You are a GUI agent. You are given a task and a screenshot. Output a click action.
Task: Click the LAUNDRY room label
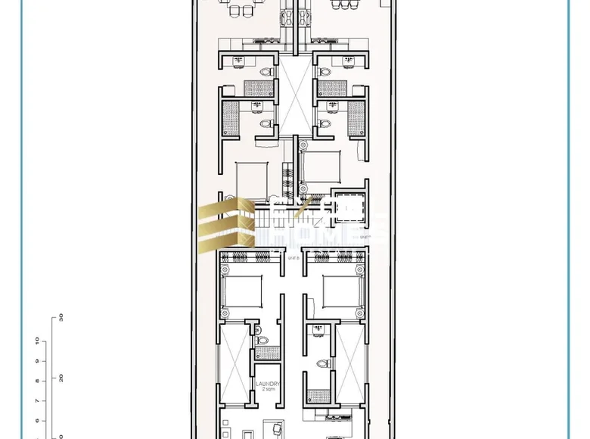point(268,384)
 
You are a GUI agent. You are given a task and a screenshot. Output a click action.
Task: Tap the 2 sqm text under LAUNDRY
point(268,390)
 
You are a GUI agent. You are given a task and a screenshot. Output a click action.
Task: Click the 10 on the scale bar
point(37,340)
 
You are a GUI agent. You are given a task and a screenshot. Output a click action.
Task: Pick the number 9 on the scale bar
point(37,361)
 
